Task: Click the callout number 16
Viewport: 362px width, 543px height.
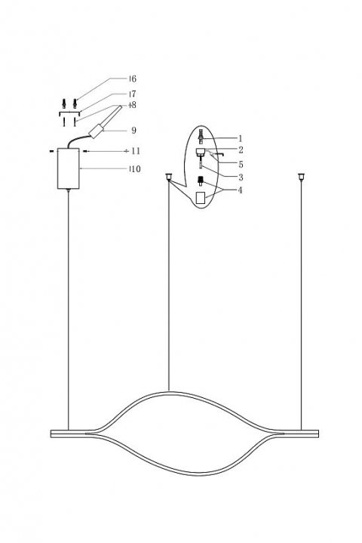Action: pos(132,79)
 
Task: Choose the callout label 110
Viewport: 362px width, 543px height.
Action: pos(133,170)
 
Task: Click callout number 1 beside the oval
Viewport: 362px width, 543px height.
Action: pos(240,138)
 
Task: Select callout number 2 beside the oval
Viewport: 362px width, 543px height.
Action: pos(240,151)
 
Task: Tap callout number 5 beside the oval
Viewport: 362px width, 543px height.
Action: pos(240,164)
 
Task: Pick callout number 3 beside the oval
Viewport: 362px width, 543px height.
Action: pos(240,177)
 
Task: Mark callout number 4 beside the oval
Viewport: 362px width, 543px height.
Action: pos(240,190)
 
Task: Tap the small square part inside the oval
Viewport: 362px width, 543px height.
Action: pos(201,197)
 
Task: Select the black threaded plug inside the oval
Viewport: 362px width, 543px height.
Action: pos(201,180)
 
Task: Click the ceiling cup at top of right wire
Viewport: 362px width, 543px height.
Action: pos(302,177)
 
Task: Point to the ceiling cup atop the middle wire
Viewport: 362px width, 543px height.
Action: pos(168,177)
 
